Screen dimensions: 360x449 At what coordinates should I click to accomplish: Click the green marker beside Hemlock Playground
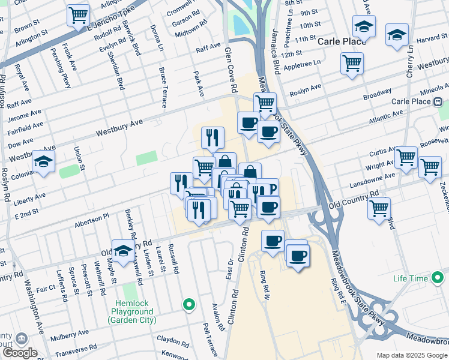pyautogui.click(x=189, y=305)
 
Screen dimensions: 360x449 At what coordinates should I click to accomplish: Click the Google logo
pyautogui.click(x=19, y=353)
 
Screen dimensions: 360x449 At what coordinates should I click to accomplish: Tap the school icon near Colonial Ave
pyautogui.click(x=43, y=161)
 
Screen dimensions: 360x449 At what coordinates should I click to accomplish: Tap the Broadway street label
pyautogui.click(x=377, y=94)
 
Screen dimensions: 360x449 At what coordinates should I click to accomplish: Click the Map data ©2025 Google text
pyautogui.click(x=411, y=355)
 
